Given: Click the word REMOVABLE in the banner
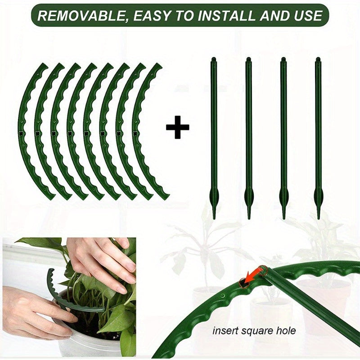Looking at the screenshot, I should pos(74,16).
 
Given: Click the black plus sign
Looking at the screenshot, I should pos(178,127).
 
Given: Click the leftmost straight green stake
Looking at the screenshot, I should pos(213,135).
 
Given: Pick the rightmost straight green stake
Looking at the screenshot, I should pos(318,135).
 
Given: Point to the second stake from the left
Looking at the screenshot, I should pos(248,135).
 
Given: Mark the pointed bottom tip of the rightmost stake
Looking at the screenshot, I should pos(319,217).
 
